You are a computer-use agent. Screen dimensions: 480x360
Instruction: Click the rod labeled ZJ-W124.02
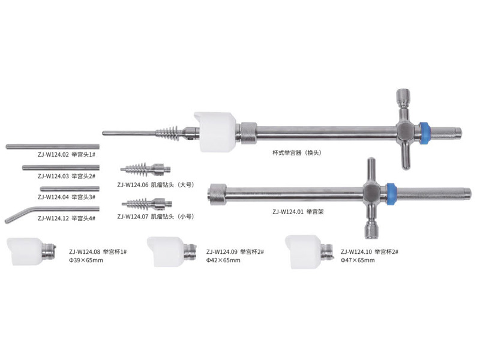point(53,146)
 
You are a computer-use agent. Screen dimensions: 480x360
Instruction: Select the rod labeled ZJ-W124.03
point(61,167)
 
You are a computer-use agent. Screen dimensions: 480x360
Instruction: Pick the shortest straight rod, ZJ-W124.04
point(70,188)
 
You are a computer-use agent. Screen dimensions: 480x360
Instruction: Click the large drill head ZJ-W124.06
point(145,169)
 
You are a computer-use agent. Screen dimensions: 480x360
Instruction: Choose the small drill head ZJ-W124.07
point(146,203)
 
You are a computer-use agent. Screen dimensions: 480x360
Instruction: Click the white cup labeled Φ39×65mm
point(31,251)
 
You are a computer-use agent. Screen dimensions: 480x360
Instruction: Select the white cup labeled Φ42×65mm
point(172,251)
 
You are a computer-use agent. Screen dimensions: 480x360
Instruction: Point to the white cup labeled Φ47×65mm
point(310,251)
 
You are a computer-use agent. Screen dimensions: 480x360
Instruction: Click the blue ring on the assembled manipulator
point(424,133)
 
